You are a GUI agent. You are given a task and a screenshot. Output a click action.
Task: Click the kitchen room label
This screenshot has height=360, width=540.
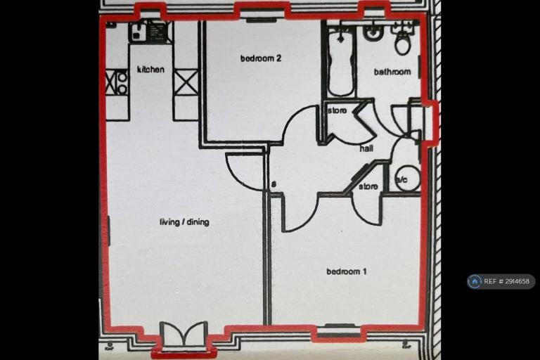[x=150, y=70]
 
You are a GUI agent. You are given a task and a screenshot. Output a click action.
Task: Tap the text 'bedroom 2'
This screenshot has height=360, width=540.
[x=261, y=58]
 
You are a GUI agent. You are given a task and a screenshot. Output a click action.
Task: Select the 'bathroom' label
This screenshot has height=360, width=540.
[x=392, y=72]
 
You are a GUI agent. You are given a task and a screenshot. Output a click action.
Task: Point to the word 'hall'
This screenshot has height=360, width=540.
[x=366, y=148]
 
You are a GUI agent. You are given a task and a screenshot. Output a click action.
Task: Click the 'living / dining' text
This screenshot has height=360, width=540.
[x=185, y=222]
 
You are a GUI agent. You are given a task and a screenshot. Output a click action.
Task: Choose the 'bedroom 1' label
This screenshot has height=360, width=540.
[x=347, y=271]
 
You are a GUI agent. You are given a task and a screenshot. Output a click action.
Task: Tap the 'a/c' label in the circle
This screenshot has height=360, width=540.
[x=402, y=180]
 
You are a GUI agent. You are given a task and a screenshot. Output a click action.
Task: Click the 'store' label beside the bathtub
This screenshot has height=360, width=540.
[x=337, y=111]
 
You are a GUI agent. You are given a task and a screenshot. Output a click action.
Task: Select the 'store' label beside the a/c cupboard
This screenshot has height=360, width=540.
[x=368, y=186]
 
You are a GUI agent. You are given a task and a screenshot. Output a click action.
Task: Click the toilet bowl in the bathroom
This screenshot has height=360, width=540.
[x=403, y=43]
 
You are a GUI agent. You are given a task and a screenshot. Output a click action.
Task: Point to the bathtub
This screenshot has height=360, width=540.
[x=341, y=61]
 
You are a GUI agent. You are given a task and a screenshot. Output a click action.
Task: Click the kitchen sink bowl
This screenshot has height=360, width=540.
[x=139, y=30]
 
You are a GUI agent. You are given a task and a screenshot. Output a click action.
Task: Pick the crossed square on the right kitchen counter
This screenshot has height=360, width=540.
[x=186, y=82]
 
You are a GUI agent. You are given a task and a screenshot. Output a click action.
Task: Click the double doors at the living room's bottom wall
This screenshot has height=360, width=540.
[x=184, y=333]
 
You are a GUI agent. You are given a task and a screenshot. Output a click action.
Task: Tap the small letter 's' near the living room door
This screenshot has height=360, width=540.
[x=274, y=184]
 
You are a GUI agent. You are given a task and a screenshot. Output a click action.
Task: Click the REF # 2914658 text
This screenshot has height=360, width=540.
[x=506, y=281]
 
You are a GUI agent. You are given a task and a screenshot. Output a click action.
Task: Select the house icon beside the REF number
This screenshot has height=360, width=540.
[x=475, y=281]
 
